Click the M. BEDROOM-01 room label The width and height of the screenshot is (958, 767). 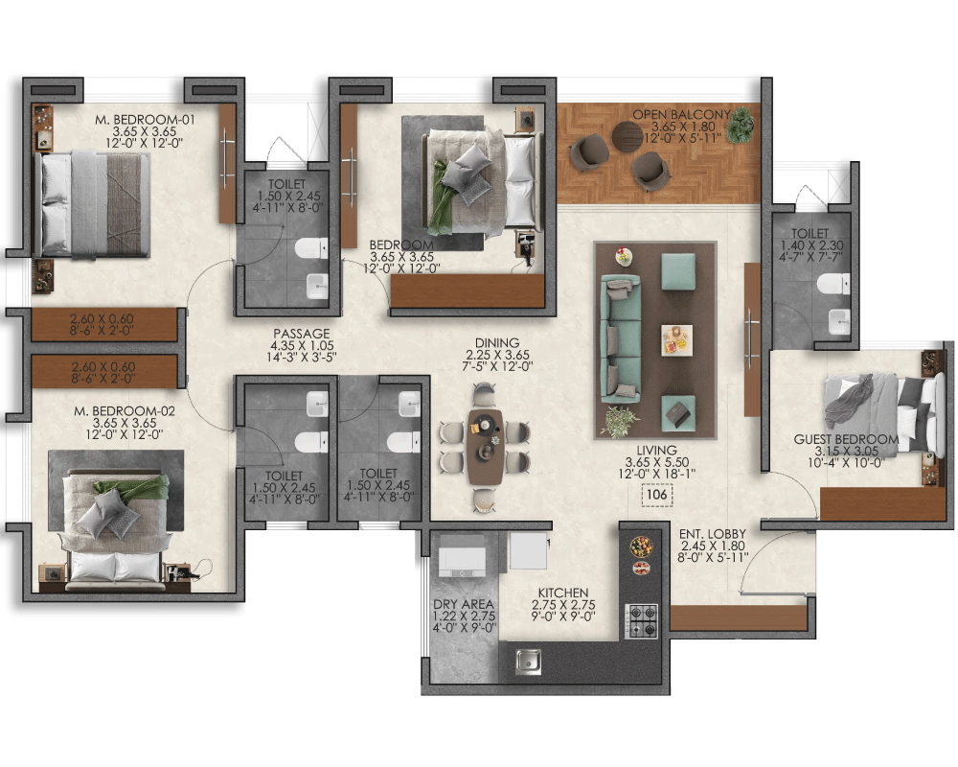coord(145,119)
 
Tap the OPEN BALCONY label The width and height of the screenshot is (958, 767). coord(681,114)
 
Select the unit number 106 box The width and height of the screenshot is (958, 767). coord(657,494)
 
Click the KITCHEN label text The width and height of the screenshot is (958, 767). coord(562,593)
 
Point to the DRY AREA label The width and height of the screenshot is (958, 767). coord(463,604)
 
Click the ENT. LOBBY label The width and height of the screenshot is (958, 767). coord(713,534)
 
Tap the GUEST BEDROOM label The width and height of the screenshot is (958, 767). coord(846,439)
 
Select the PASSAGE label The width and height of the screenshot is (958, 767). coord(301,334)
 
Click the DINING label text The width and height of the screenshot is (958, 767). coord(496,343)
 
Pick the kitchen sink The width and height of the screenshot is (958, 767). coord(527,661)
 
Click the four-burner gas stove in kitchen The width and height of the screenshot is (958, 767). coord(642,621)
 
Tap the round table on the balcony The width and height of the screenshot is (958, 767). coord(627,136)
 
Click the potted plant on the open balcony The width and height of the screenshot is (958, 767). coord(742,125)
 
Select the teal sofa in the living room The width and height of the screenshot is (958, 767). coord(621,338)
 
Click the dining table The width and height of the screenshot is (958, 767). coord(485,447)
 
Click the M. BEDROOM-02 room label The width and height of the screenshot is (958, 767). coord(124,411)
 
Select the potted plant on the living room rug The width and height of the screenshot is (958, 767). coord(620,422)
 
